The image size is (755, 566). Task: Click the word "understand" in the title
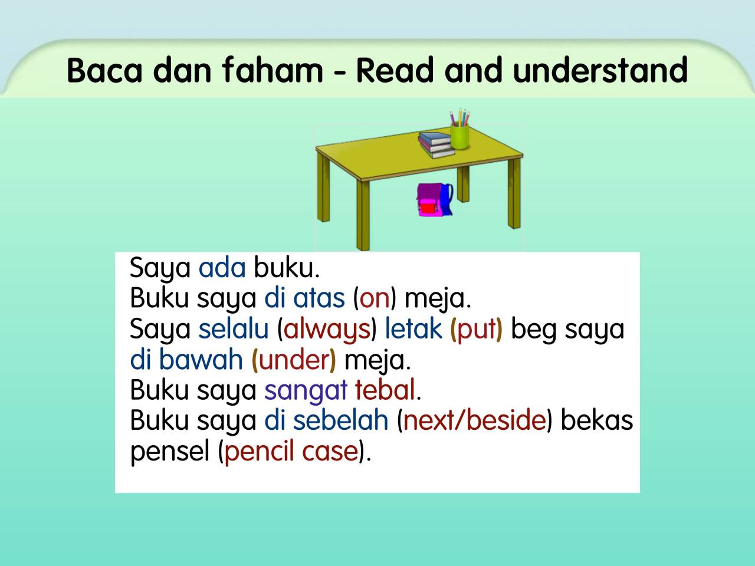tap(600, 70)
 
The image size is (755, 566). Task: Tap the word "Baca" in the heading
tap(105, 70)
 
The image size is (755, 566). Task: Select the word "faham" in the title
tap(273, 70)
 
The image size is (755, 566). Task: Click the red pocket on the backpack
tap(428, 208)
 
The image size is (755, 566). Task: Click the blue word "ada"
tap(222, 268)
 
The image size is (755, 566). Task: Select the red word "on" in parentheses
tap(375, 298)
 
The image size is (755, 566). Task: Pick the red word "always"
tap(327, 329)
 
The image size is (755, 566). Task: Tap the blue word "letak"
tap(413, 329)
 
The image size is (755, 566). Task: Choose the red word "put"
tap(476, 329)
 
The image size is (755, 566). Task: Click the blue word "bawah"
tap(201, 360)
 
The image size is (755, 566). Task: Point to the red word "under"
tap(293, 360)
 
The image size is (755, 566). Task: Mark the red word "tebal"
tap(385, 390)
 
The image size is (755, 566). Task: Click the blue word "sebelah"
tap(340, 421)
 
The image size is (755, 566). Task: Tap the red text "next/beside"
tap(474, 421)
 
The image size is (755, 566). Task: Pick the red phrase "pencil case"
tap(291, 452)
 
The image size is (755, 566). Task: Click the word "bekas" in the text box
tap(596, 421)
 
